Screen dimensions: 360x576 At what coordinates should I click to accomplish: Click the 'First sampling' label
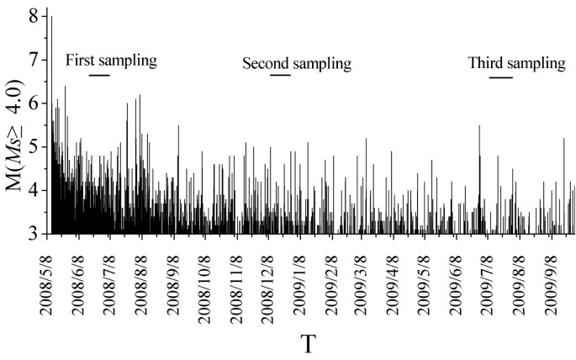pos(112,60)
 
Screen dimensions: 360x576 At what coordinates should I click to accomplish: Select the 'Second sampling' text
pos(296,63)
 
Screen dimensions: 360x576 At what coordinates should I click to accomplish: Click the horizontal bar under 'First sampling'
pos(99,76)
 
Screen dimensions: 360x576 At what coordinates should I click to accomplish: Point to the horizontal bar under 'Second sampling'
pos(280,76)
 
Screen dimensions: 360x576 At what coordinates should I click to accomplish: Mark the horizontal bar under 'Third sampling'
pos(500,78)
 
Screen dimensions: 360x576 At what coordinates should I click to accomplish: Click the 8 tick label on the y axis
pos(33,16)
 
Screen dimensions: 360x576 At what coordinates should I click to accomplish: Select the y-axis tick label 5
pos(33,146)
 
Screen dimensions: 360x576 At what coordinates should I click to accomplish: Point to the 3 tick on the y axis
pos(33,233)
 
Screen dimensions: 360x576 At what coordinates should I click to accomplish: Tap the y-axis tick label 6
pos(33,103)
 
